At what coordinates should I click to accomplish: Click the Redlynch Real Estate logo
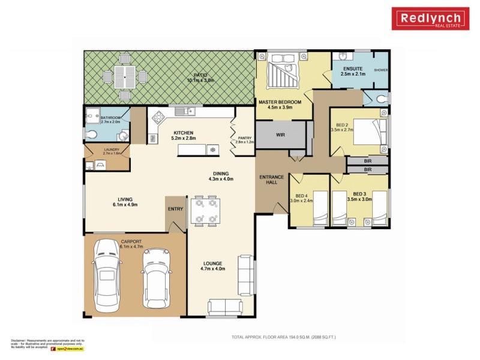(430, 19)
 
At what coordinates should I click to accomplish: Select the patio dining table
(125, 76)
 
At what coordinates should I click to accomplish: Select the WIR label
(280, 135)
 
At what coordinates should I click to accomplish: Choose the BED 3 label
(359, 194)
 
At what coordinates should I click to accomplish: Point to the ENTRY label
(176, 208)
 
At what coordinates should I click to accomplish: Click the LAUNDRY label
(112, 151)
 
